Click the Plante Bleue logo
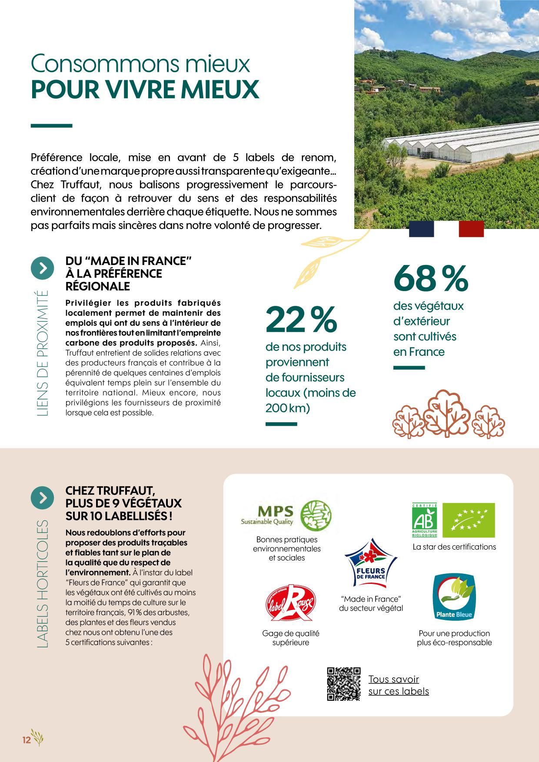coord(454,598)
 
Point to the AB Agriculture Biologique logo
coord(424,520)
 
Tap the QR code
coord(343,684)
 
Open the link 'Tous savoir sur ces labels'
coord(398,685)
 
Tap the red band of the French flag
coord(471,229)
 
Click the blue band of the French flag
coord(421,229)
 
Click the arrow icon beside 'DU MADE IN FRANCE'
coord(42,268)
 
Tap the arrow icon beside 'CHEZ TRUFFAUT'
coord(42,498)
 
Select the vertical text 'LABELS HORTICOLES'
coord(43,585)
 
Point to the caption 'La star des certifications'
coord(454,547)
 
